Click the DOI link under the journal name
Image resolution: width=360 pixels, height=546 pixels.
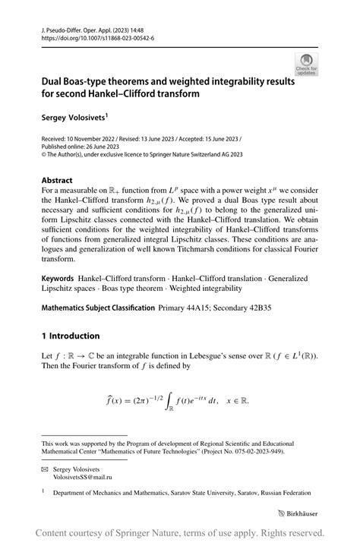point(99,37)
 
